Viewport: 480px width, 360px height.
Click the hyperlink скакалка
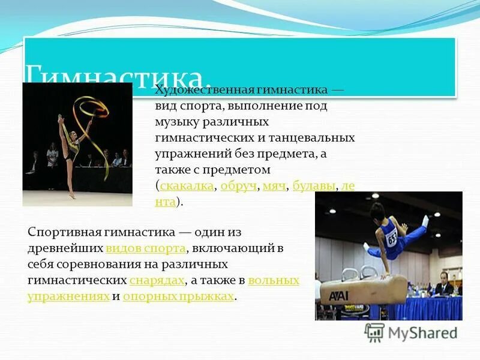tap(187, 186)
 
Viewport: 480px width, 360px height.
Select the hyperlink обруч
tap(238, 186)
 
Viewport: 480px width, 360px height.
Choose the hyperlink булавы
tap(314, 186)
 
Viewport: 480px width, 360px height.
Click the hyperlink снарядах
tap(157, 280)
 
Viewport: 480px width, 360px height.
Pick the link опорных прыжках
tap(179, 296)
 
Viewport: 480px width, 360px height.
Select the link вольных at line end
tap(273, 280)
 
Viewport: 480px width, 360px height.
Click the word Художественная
tap(205, 90)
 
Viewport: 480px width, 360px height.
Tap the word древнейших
tap(65, 248)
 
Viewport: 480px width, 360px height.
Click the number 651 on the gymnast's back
tap(391, 238)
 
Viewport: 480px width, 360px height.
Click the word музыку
tap(174, 122)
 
